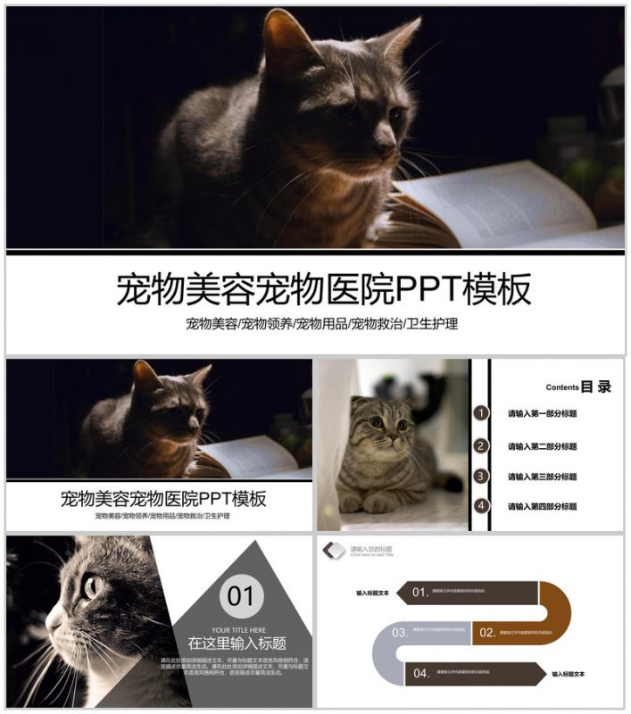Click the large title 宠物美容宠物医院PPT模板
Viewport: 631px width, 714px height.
(x=323, y=289)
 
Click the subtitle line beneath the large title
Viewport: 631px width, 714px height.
(x=321, y=324)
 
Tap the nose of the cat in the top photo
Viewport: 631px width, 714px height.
(x=386, y=139)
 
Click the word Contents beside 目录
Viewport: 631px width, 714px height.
(x=561, y=387)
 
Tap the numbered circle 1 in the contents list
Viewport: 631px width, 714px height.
(x=482, y=413)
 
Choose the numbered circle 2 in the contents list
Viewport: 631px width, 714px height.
(x=482, y=445)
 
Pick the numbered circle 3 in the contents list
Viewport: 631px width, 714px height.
(x=482, y=476)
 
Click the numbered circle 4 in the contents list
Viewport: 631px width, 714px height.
(x=482, y=506)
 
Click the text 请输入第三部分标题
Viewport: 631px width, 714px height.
(x=542, y=477)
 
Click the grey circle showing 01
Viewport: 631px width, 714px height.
(x=241, y=595)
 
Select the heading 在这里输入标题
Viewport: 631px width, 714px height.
(x=237, y=643)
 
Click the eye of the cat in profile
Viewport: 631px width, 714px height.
(x=92, y=585)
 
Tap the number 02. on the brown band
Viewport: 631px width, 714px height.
(x=487, y=633)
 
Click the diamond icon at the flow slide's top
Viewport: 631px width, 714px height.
(x=334, y=551)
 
